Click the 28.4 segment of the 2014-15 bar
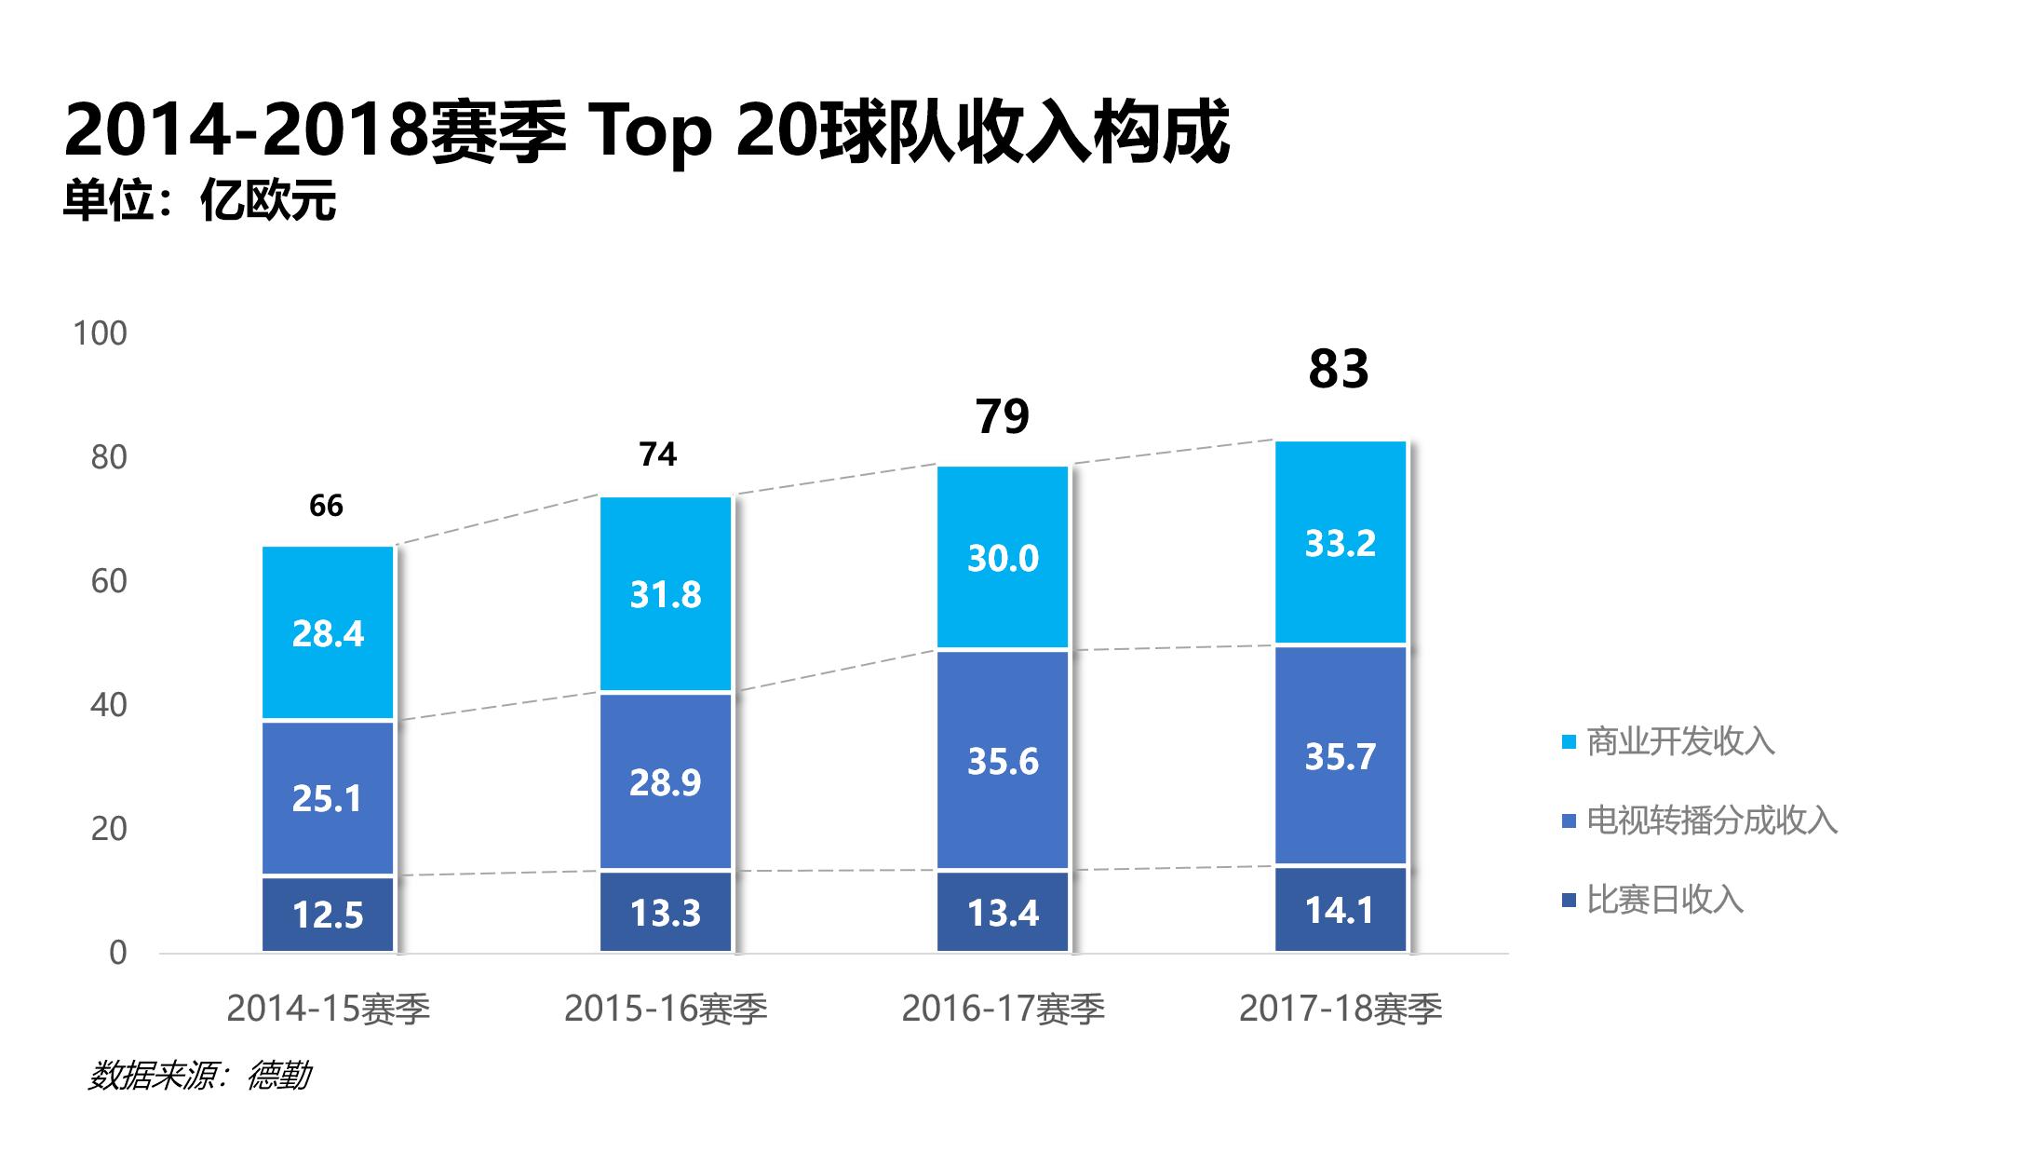click(x=328, y=633)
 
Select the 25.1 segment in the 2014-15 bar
click(x=328, y=798)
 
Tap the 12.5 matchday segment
click(x=328, y=915)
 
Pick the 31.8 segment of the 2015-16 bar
click(x=666, y=594)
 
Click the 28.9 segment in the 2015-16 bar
click(x=666, y=782)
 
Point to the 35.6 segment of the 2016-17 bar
click(x=1003, y=761)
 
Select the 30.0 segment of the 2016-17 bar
click(x=1003, y=558)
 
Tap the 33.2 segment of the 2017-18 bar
click(x=1340, y=543)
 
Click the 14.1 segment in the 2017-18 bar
click(x=1340, y=910)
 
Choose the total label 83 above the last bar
click(x=1339, y=369)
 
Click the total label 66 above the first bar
click(x=326, y=506)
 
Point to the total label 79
click(x=1003, y=416)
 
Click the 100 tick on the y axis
click(x=100, y=333)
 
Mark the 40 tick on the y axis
click(x=108, y=705)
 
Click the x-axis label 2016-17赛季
click(x=1003, y=1010)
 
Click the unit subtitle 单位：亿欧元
click(x=199, y=201)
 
